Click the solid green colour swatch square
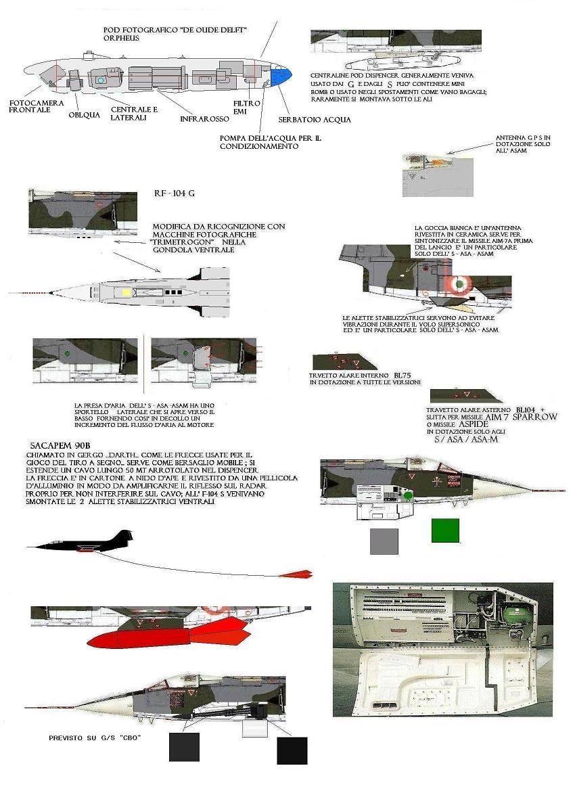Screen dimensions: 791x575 coord(445,530)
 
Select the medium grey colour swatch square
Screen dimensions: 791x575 coord(384,541)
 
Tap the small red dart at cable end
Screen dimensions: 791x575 coord(296,574)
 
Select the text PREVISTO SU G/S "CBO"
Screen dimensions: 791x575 coord(95,737)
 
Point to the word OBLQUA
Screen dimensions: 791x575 coord(85,114)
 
